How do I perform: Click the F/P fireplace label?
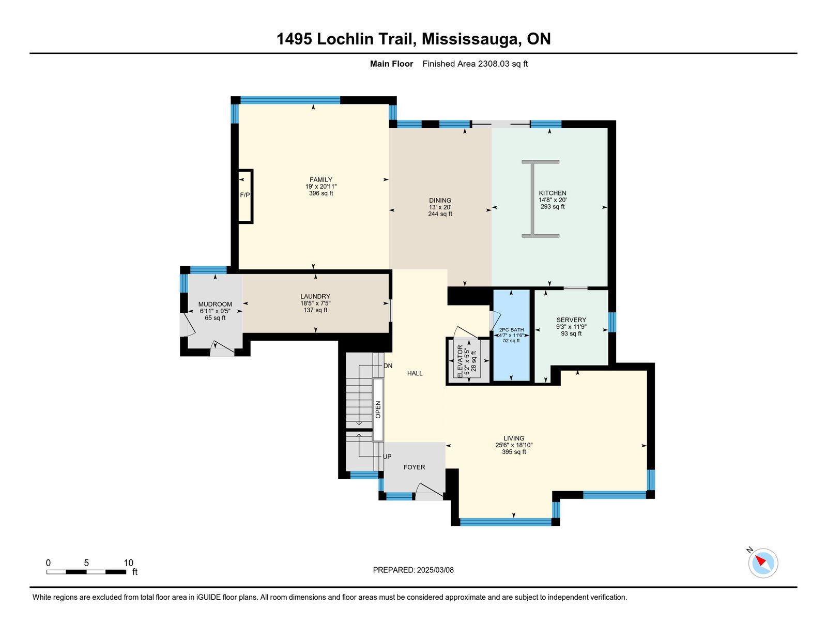coord(244,195)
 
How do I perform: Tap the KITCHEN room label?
coord(553,193)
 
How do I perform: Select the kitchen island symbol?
coord(540,199)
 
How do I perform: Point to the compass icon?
coord(762,562)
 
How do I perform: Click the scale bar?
coord(86,572)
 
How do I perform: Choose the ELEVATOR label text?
coord(460,360)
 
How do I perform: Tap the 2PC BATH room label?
coord(511,330)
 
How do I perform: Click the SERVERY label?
coord(571,320)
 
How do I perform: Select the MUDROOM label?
coord(215,305)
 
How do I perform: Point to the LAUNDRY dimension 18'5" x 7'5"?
coord(315,303)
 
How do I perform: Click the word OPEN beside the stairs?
coord(378,409)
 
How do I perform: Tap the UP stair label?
coord(387,457)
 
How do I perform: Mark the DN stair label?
coord(388,366)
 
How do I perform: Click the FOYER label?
coord(414,467)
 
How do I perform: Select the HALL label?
coord(415,373)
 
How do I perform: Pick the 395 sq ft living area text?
coord(514,452)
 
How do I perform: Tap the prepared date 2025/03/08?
coord(435,570)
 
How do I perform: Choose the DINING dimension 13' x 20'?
coord(440,207)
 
